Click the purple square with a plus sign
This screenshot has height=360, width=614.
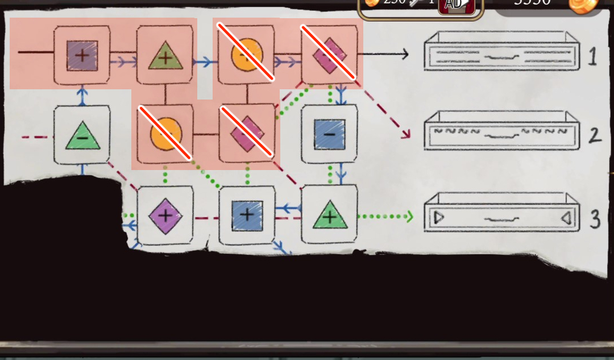(x=82, y=56)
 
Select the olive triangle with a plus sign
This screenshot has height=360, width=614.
(x=165, y=56)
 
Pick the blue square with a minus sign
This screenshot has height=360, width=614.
(x=330, y=134)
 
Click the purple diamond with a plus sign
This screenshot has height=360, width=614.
(x=165, y=216)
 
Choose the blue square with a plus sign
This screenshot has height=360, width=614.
(x=247, y=215)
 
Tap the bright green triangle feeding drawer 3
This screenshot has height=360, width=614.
(x=330, y=215)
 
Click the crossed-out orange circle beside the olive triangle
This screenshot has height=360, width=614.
(x=247, y=55)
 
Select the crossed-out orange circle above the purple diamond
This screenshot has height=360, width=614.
(x=165, y=134)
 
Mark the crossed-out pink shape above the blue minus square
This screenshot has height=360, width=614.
(x=330, y=55)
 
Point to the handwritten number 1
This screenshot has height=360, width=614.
(x=592, y=57)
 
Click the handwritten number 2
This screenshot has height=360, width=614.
(x=594, y=135)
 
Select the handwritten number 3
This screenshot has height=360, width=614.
(x=595, y=218)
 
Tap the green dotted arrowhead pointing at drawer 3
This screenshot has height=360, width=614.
(x=409, y=216)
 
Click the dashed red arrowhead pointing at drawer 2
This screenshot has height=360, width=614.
(x=406, y=135)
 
